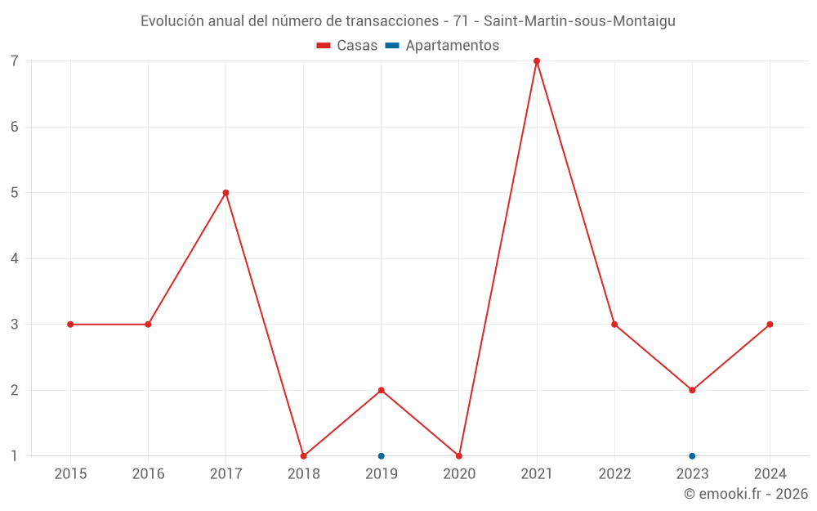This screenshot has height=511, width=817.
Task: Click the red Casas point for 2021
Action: point(537,61)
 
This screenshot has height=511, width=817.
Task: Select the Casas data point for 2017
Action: point(225,193)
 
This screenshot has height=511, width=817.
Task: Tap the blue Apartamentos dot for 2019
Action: point(382,455)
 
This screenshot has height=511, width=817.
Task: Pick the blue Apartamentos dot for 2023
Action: point(692,455)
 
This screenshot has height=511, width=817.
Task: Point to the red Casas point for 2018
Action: point(303,455)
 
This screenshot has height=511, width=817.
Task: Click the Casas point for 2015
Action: point(70,325)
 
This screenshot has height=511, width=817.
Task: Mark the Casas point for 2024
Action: point(770,325)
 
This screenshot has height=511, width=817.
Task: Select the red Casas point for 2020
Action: point(459,455)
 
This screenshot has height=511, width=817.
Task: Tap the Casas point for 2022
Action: point(614,325)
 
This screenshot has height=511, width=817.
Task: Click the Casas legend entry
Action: point(347,46)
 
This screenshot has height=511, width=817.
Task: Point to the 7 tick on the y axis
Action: point(15,61)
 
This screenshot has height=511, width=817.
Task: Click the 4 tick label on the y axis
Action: point(15,258)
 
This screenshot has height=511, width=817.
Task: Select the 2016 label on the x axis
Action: point(148,474)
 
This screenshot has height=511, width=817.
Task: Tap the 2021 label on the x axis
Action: point(537,474)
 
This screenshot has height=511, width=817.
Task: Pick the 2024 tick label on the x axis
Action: point(770,474)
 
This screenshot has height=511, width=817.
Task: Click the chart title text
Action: point(408,21)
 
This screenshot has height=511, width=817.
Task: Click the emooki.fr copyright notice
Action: point(745,494)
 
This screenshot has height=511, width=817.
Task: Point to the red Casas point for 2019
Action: point(382,390)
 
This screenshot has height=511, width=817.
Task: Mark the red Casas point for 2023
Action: point(692,390)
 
